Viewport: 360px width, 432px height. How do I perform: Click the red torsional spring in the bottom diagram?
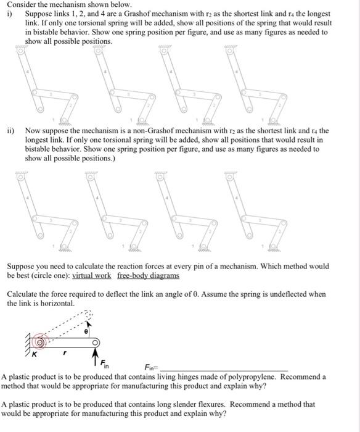(41, 341)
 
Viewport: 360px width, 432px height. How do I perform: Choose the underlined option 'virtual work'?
(92, 275)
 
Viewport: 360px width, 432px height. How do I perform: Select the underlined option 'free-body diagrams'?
(148, 275)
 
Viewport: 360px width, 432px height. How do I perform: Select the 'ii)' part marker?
(11, 131)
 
